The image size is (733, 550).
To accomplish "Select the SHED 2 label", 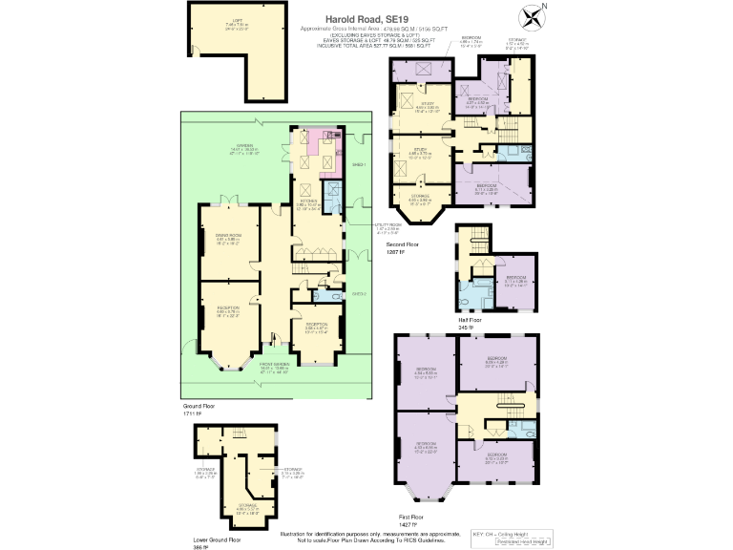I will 358,293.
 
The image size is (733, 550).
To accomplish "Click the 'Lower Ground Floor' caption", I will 217,539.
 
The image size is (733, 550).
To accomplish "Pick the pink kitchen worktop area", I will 313,148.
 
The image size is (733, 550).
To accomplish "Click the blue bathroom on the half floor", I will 471,290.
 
